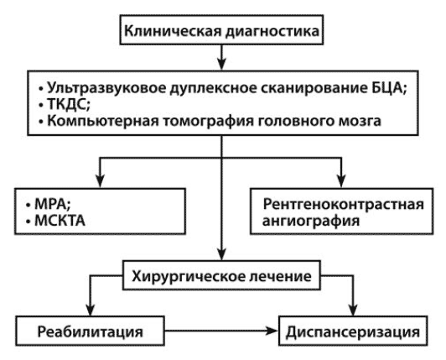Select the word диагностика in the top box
click(x=272, y=31)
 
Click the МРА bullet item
click(x=49, y=204)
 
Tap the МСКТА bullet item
click(x=55, y=221)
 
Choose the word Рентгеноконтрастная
click(x=344, y=204)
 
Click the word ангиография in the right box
click(x=311, y=221)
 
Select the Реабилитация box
click(x=90, y=331)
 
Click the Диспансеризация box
click(x=353, y=331)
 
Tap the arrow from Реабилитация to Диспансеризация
click(x=221, y=331)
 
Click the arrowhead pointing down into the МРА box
click(x=100, y=180)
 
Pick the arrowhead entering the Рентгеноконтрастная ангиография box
click(x=341, y=180)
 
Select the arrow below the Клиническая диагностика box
click(x=221, y=57)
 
